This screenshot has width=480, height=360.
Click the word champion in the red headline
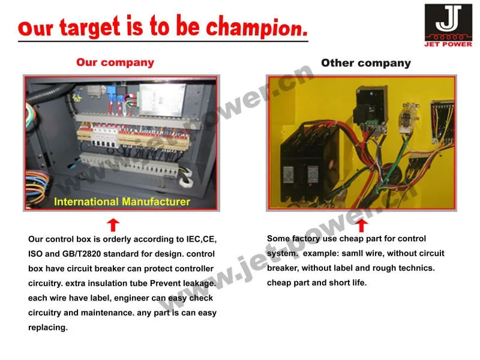[x=257, y=28]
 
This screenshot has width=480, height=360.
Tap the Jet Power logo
[x=448, y=25]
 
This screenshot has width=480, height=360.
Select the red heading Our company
[x=115, y=62]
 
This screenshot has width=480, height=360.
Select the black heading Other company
[x=366, y=63]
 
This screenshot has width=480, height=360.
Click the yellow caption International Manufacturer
[x=122, y=202]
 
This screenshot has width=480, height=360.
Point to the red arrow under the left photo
[x=113, y=224]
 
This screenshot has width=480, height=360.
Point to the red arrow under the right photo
[x=362, y=226]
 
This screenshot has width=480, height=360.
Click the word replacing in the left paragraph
[x=48, y=328]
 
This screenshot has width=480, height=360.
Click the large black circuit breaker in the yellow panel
[x=308, y=162]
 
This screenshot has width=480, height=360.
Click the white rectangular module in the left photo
[x=162, y=100]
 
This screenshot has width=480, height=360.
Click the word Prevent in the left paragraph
[x=165, y=283]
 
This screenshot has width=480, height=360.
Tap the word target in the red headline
[x=89, y=28]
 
